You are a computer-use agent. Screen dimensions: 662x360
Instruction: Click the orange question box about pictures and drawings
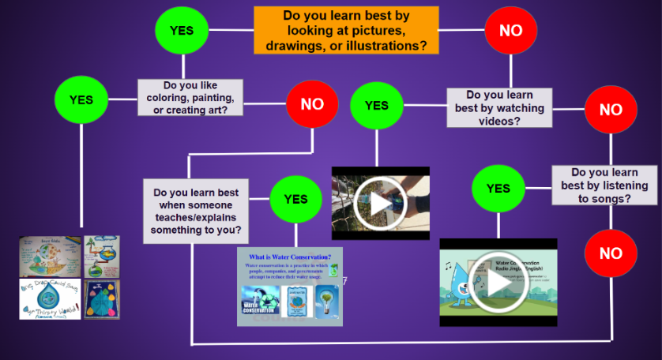(x=346, y=30)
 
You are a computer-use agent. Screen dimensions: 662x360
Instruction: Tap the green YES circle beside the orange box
(x=182, y=31)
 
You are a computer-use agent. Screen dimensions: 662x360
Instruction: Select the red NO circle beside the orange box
(x=510, y=31)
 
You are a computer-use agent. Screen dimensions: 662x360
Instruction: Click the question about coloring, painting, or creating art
(x=190, y=97)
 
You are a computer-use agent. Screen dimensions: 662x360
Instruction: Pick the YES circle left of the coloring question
(x=81, y=100)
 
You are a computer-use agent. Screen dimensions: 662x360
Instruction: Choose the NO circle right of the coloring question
(x=312, y=104)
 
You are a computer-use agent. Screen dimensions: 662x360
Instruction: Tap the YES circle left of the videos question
(x=376, y=106)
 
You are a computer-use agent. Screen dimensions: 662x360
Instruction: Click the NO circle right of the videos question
(x=610, y=110)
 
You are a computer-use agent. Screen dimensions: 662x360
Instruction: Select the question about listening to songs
(x=604, y=186)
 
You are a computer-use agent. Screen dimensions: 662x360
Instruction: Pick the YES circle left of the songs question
(x=498, y=189)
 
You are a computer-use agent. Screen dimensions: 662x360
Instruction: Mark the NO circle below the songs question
(x=610, y=253)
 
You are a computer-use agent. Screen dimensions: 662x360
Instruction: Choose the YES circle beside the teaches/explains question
(x=295, y=200)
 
